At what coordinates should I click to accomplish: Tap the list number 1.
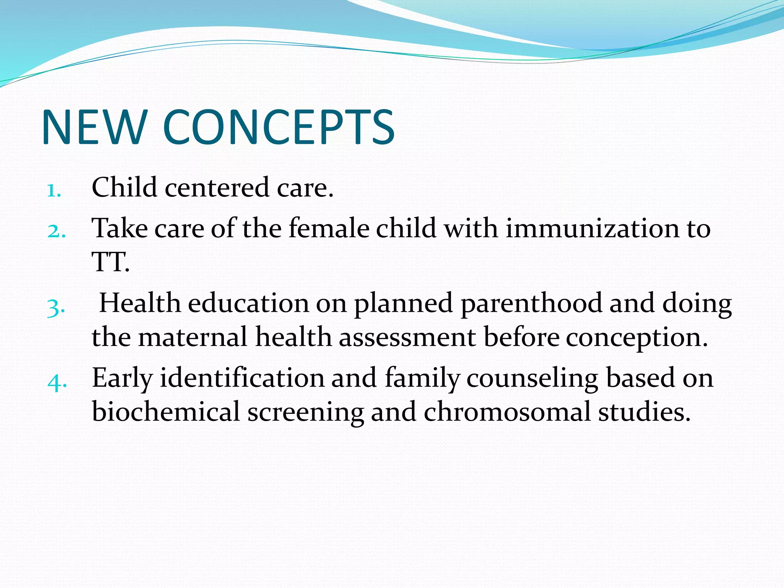(x=54, y=190)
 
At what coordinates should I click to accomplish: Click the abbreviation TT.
(x=110, y=262)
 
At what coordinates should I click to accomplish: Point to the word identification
(x=242, y=379)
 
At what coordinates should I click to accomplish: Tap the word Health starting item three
(x=140, y=304)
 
